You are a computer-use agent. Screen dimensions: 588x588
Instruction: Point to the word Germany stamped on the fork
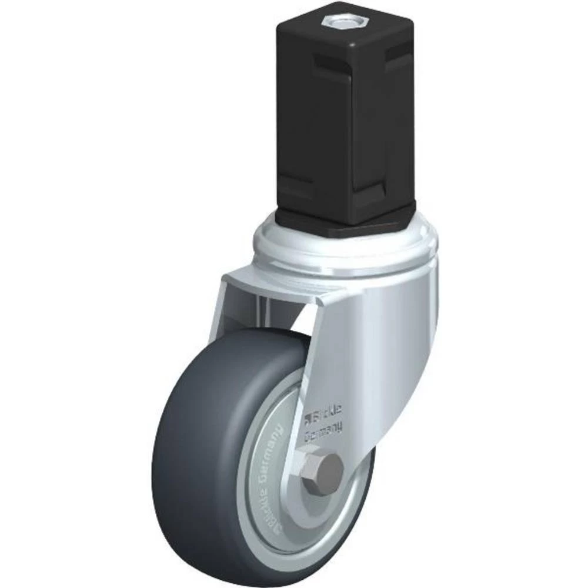(323, 436)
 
